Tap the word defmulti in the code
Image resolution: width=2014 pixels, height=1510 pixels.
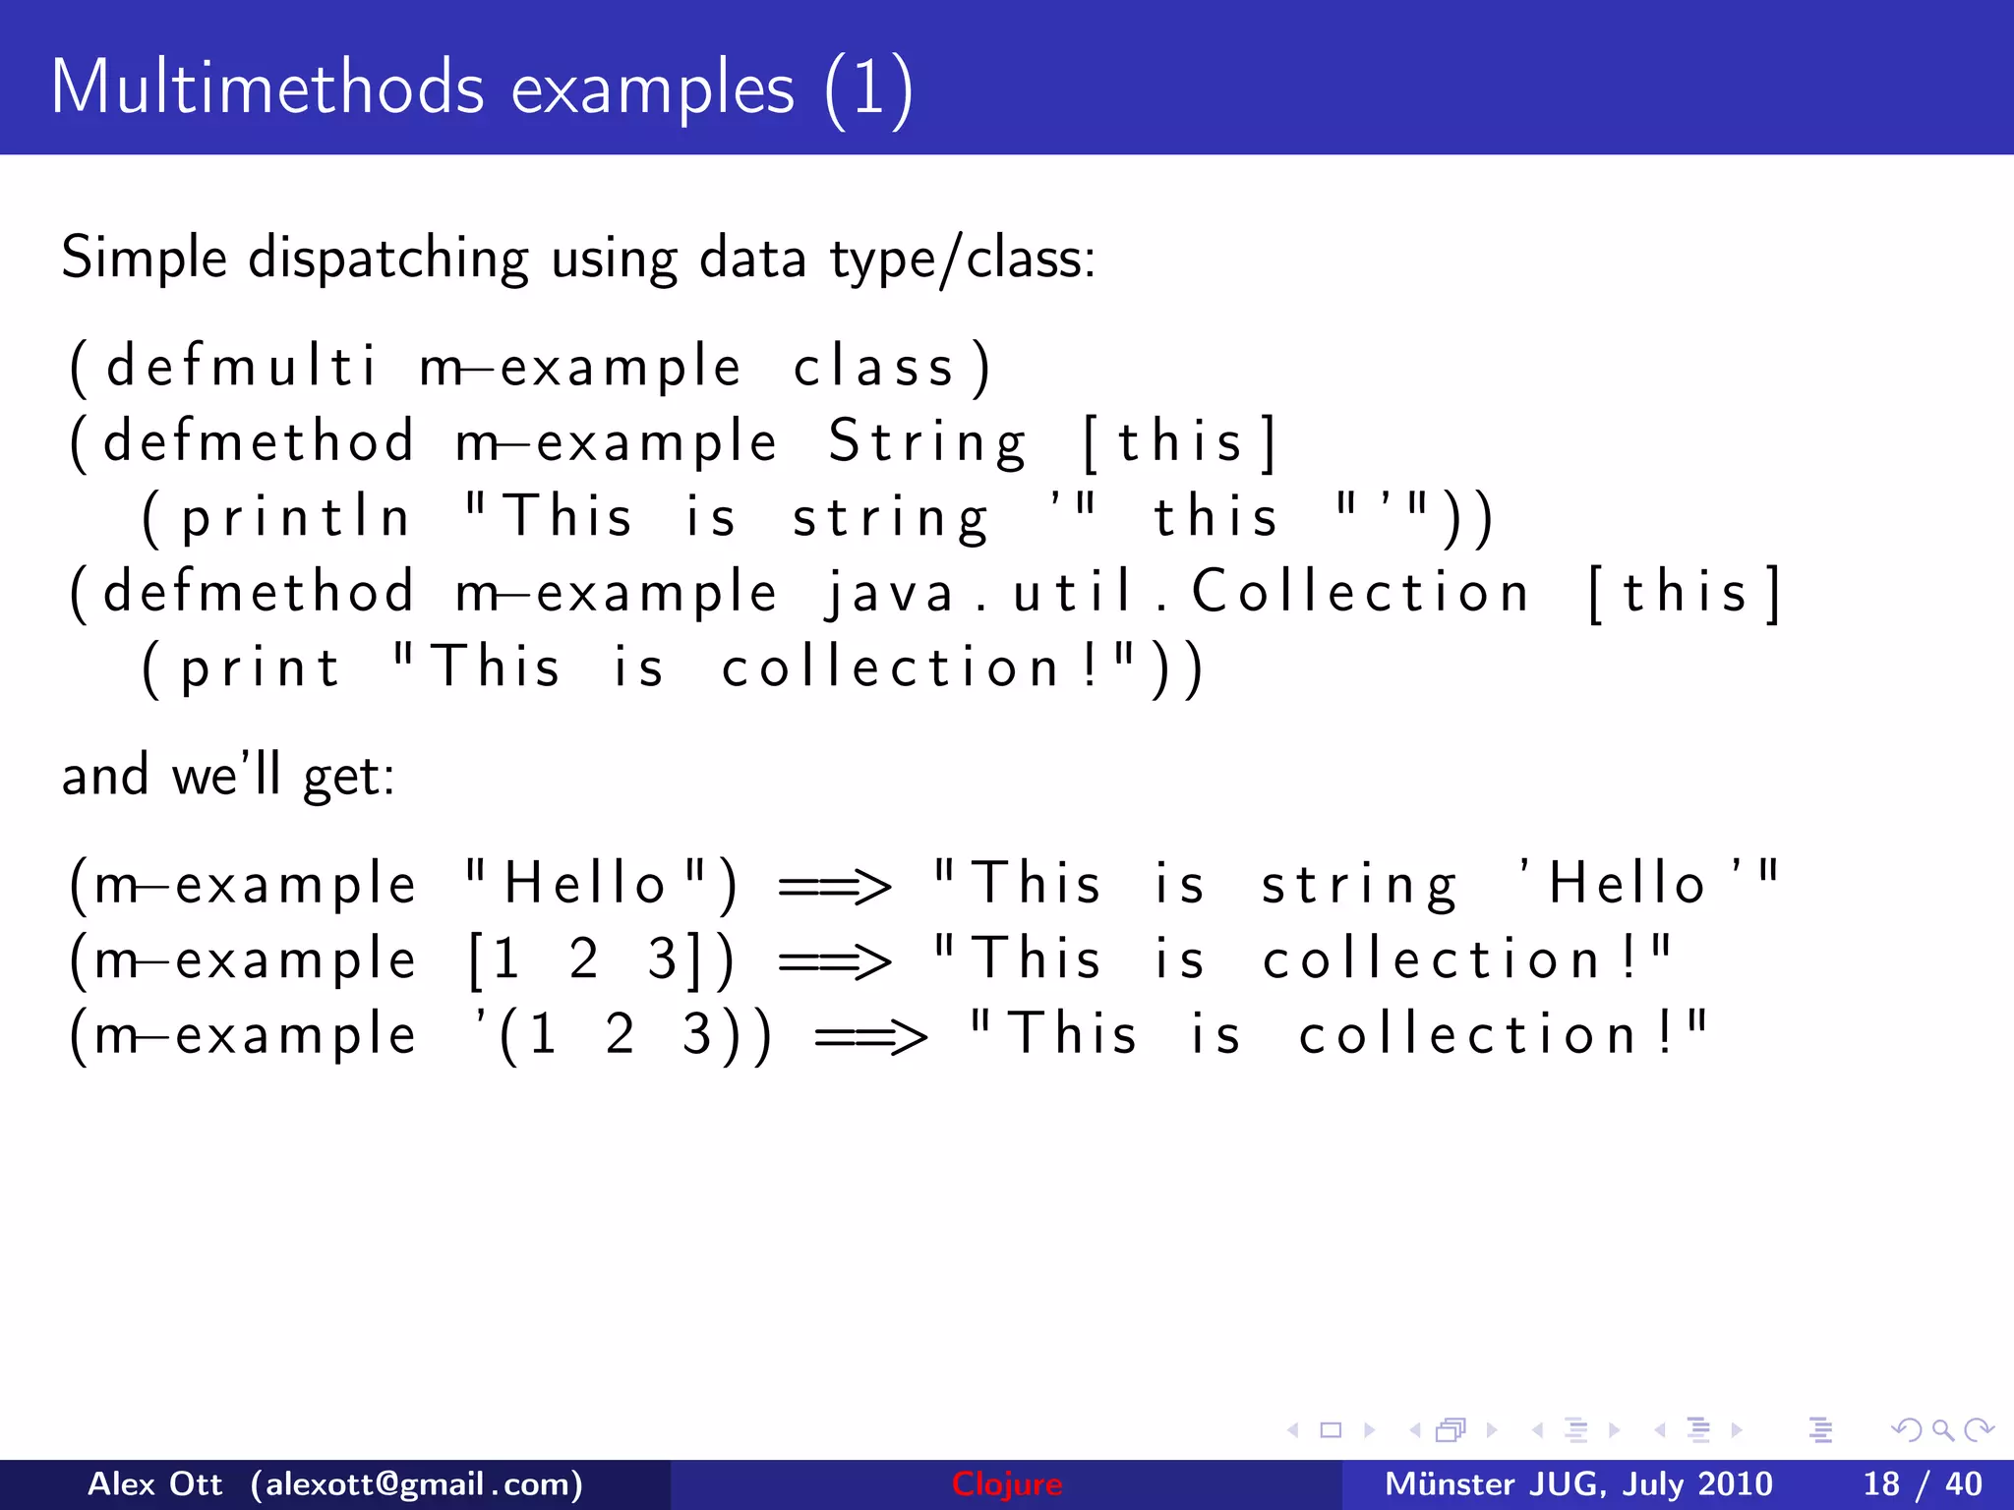[240, 367]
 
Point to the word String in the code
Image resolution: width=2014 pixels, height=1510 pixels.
[926, 441]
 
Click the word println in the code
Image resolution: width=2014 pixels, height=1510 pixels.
[295, 518]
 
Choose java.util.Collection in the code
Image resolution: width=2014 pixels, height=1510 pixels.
[1176, 593]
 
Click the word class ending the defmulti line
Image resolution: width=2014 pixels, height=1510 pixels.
[873, 367]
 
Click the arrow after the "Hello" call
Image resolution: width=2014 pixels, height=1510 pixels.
[834, 885]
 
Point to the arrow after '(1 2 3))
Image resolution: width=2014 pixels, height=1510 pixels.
[870, 1036]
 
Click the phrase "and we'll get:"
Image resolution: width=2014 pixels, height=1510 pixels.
[228, 776]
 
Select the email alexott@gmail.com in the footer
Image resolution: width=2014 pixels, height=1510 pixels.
[417, 1483]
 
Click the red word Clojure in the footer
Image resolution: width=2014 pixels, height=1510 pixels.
[1006, 1483]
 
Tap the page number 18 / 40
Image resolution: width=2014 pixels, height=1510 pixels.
[1922, 1483]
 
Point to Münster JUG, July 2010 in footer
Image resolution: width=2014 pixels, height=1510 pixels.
[1577, 1483]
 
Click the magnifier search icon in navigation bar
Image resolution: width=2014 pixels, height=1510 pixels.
[1942, 1429]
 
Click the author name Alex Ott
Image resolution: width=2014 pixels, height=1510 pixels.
[154, 1483]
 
